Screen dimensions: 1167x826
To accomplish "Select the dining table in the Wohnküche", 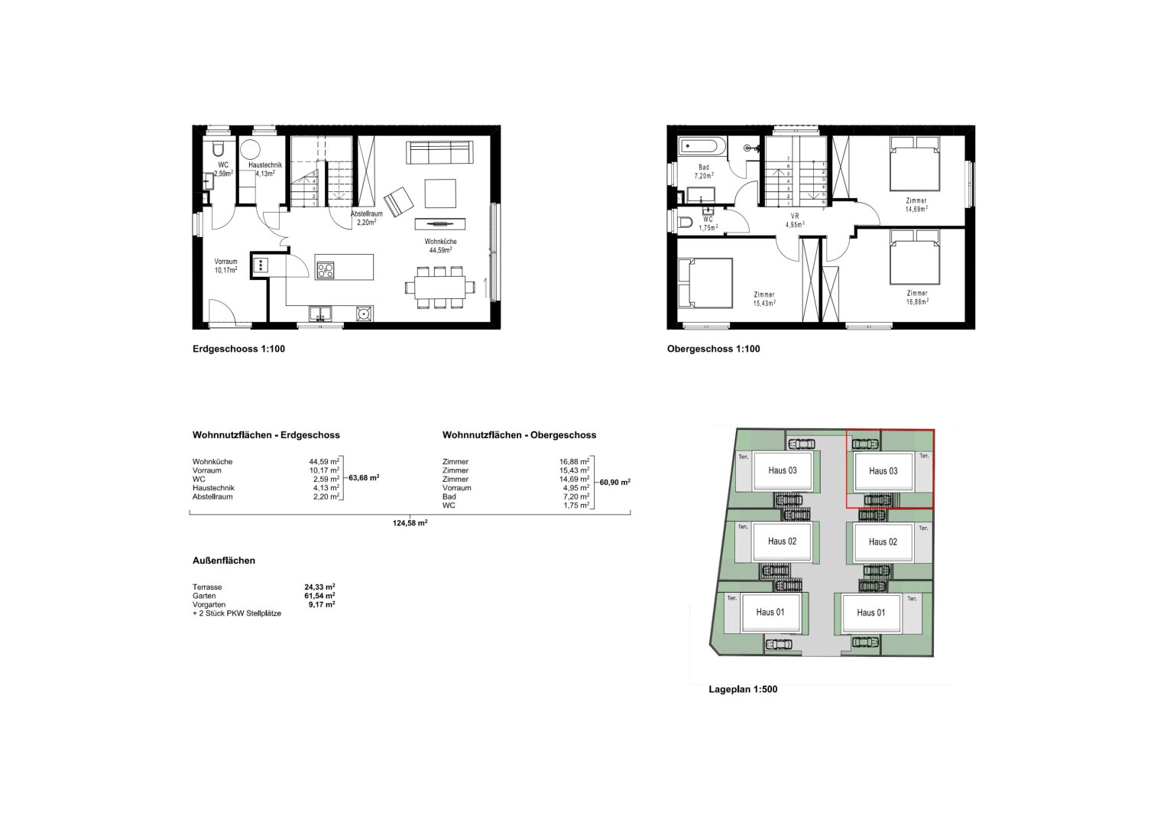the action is click(x=440, y=288).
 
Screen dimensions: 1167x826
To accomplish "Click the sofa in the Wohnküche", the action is click(x=439, y=152).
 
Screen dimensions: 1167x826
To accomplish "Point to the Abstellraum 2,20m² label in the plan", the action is click(x=366, y=218).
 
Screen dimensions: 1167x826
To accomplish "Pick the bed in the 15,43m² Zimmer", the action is click(x=705, y=284).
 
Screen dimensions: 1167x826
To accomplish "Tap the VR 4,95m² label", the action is click(x=795, y=220).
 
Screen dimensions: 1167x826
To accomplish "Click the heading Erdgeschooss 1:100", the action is click(x=238, y=349).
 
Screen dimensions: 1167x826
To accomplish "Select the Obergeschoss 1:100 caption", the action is click(x=713, y=349).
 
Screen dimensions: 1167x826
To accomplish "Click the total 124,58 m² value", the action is click(x=410, y=522).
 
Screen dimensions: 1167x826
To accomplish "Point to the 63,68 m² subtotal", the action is click(x=364, y=477).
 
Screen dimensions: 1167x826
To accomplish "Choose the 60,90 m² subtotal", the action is click(x=614, y=482).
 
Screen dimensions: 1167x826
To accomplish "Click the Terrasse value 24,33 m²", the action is click(x=319, y=587).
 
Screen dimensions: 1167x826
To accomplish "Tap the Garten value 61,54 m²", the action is click(x=319, y=596).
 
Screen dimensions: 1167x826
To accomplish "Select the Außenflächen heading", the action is click(x=224, y=561).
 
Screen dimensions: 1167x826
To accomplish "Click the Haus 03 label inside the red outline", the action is click(x=883, y=471).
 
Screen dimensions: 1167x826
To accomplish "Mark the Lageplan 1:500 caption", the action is click(x=743, y=689).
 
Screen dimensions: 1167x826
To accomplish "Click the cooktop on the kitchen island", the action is click(x=326, y=269).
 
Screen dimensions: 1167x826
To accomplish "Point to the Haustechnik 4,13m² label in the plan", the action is click(x=264, y=169).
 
